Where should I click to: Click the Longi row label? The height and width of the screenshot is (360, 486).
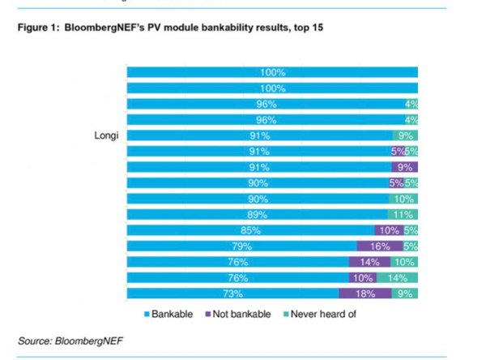[103, 135]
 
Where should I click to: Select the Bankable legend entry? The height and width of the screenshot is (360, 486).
[171, 313]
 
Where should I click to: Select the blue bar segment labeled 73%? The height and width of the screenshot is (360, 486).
[232, 294]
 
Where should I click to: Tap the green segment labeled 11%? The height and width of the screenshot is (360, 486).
[402, 214]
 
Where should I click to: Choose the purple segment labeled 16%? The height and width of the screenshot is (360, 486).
[379, 246]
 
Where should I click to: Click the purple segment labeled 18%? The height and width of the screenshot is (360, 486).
[365, 294]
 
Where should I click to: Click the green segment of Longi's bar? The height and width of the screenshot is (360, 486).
[404, 135]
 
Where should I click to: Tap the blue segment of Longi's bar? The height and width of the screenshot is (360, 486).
[259, 135]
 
